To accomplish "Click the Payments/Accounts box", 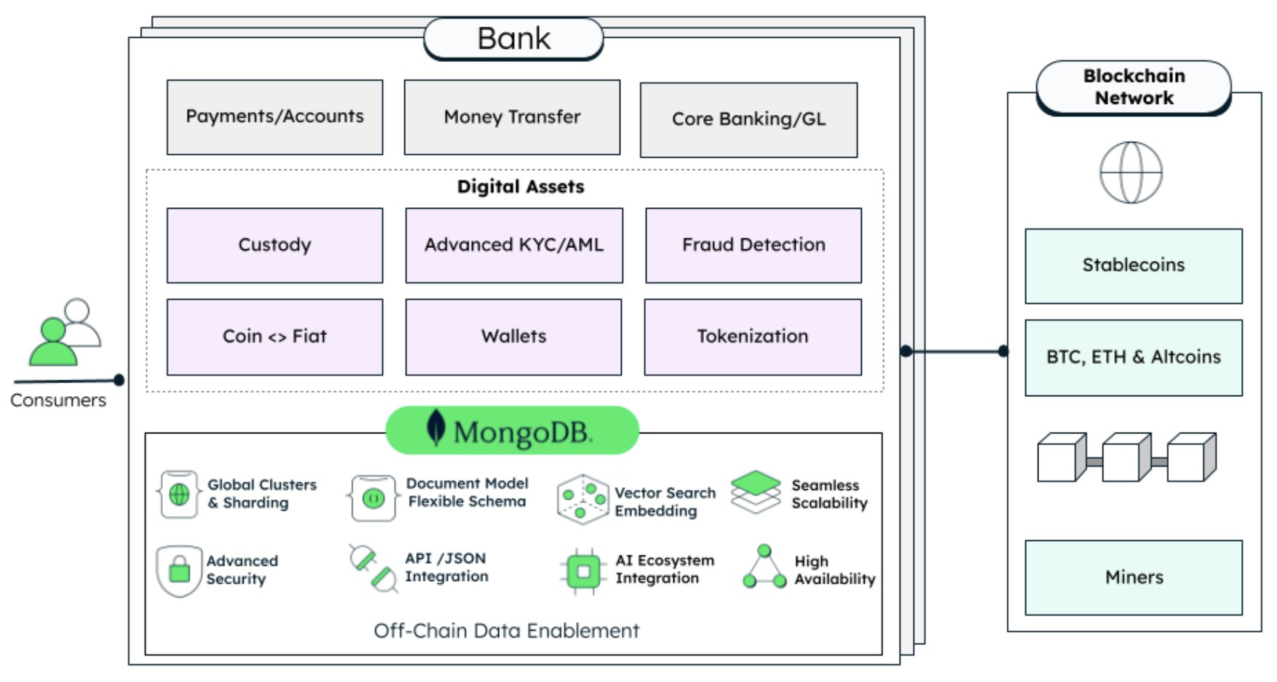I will click(274, 117).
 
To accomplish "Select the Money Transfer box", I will click(512, 117).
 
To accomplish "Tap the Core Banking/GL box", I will click(748, 119).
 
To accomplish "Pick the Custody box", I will click(274, 245).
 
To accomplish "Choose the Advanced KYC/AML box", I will click(513, 245).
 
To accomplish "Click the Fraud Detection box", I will click(753, 245).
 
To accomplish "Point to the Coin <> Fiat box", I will click(274, 337).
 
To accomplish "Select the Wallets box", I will click(513, 337).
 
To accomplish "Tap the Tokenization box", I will click(753, 337).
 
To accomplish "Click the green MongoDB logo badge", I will click(512, 430).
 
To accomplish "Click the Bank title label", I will click(513, 39).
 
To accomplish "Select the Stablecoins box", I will click(1133, 265).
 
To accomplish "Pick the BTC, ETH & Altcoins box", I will click(1133, 357).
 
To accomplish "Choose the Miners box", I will click(1133, 577).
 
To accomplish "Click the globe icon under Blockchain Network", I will click(1131, 173).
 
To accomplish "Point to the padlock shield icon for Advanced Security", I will click(179, 571).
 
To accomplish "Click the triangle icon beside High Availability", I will click(764, 567).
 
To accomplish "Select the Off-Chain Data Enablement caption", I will click(506, 630).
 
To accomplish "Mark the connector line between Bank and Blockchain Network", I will click(954, 352).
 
